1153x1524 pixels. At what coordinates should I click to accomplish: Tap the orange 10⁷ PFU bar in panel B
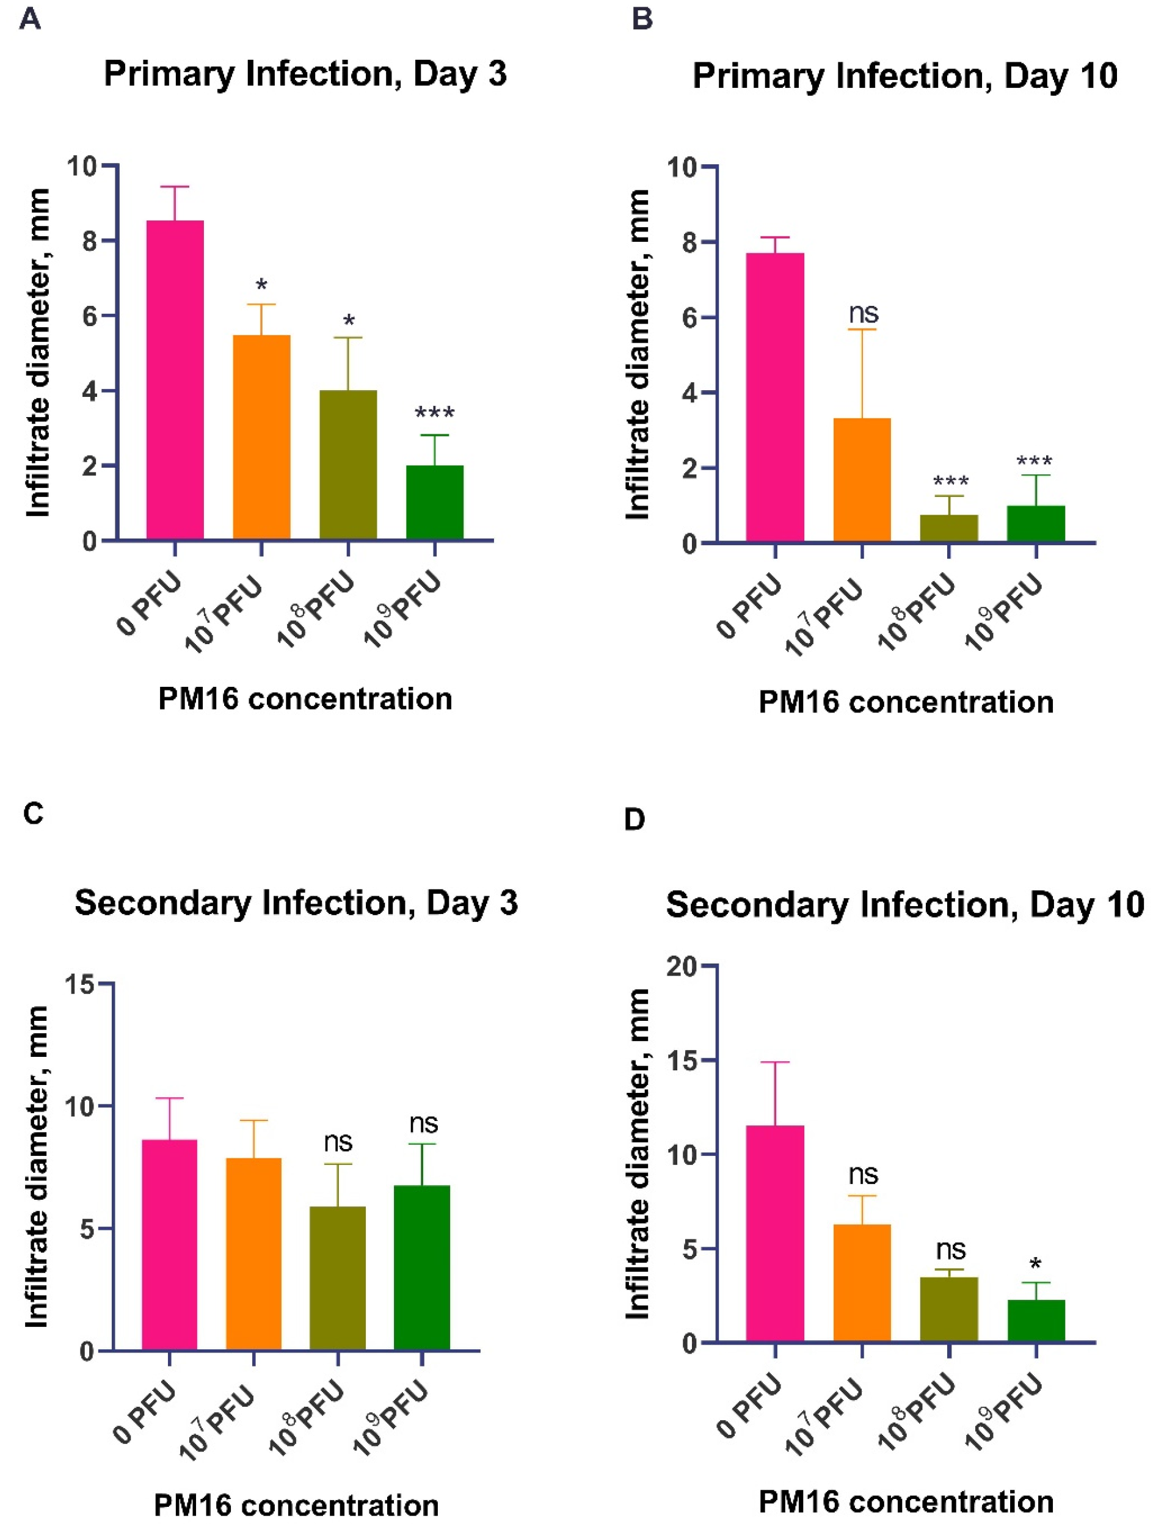[x=862, y=479]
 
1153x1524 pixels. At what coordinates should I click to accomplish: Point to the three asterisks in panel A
[x=434, y=414]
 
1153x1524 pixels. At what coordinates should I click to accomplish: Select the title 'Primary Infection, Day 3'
[x=305, y=73]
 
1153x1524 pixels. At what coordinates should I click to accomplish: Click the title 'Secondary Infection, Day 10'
[x=904, y=905]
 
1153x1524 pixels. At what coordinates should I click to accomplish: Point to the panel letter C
[x=33, y=814]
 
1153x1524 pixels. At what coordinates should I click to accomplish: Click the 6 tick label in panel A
[x=90, y=316]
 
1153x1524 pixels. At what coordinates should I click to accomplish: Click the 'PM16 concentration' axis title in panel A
[x=305, y=699]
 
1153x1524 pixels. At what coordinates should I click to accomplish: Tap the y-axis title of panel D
[x=639, y=1154]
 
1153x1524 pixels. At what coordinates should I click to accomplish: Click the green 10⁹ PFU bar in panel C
[x=421, y=1268]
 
